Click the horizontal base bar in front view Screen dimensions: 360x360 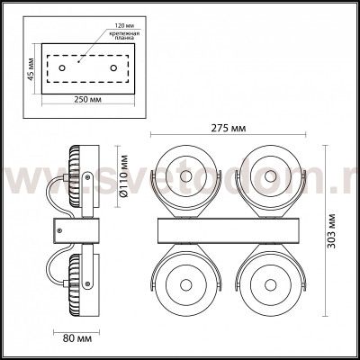click(229, 230)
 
